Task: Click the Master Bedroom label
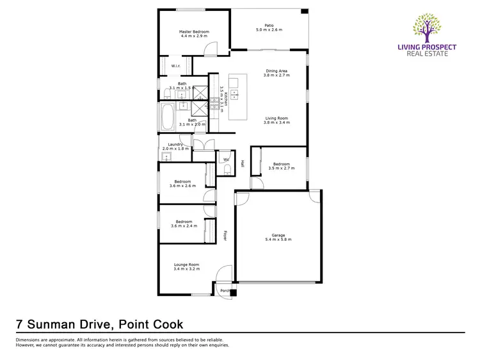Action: pyautogui.click(x=193, y=32)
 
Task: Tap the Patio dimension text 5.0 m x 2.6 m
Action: pyautogui.click(x=269, y=30)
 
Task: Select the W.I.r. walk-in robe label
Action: pyautogui.click(x=175, y=65)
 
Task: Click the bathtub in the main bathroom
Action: pyautogui.click(x=168, y=118)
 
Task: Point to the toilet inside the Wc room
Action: pyautogui.click(x=227, y=169)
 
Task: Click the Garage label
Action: pyautogui.click(x=278, y=235)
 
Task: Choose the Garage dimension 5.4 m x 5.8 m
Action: pyautogui.click(x=278, y=240)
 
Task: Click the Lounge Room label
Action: pyautogui.click(x=186, y=265)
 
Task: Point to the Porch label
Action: pyautogui.click(x=225, y=291)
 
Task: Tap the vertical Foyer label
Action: pyautogui.click(x=225, y=236)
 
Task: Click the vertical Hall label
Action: pyautogui.click(x=243, y=164)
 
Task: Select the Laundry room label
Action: pyautogui.click(x=176, y=144)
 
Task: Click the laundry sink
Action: pyautogui.click(x=166, y=156)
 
